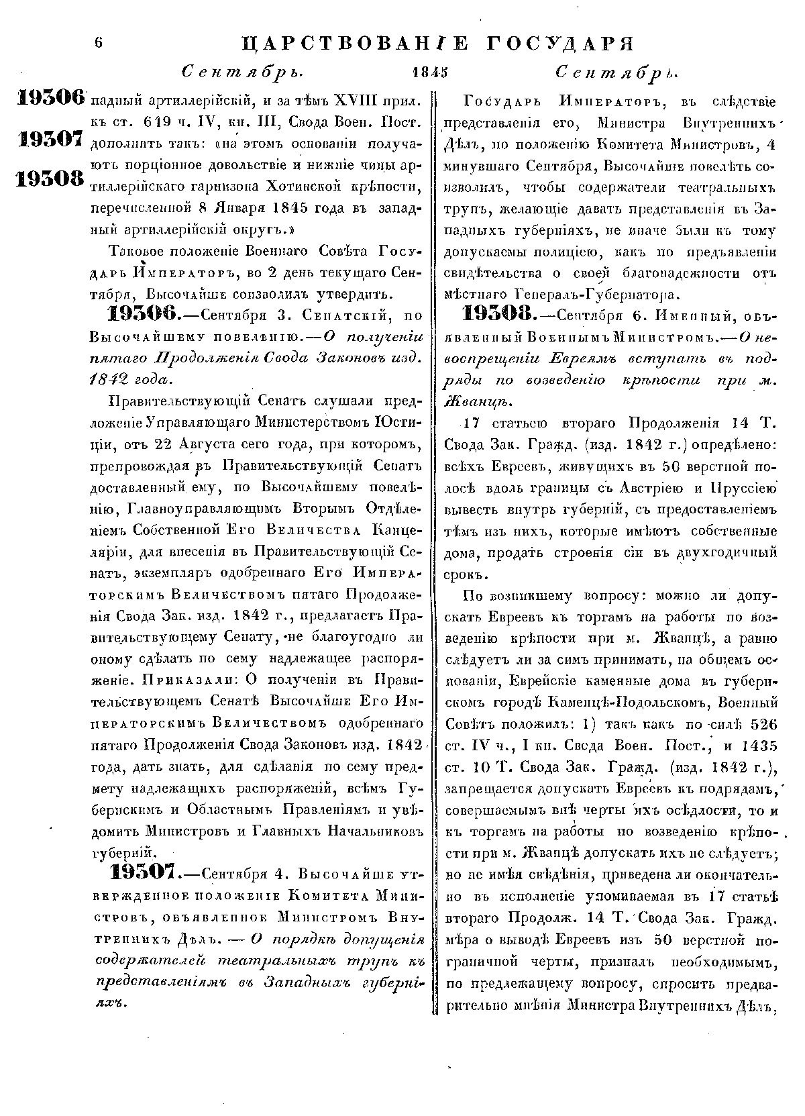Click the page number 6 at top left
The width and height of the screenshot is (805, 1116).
99,42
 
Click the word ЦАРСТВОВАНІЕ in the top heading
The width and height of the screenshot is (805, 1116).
342,44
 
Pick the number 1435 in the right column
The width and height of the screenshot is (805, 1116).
758,745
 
